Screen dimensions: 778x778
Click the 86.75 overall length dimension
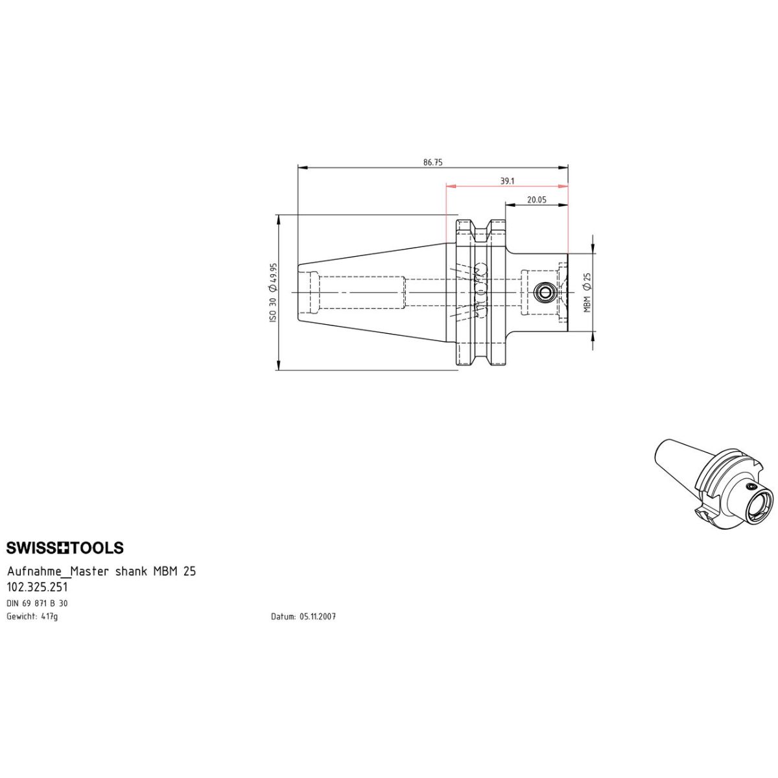tap(432, 162)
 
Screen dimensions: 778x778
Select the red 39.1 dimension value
tap(507, 181)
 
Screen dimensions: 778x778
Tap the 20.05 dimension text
tap(537, 200)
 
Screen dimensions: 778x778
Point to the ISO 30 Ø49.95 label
tap(274, 292)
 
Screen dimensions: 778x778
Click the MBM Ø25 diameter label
tap(587, 292)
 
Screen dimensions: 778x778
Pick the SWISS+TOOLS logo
tap(65, 547)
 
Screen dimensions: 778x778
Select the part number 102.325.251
tap(37, 586)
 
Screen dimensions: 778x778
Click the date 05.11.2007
tap(318, 617)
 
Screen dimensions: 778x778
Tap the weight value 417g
tap(49, 617)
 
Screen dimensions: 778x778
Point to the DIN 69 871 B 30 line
tap(37, 603)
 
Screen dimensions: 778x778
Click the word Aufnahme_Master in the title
tap(58, 572)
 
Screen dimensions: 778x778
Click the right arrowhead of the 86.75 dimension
tap(563, 167)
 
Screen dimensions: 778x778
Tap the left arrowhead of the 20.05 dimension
tap(510, 205)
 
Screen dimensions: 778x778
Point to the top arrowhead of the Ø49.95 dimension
tap(279, 220)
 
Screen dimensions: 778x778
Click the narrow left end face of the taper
tap(298, 292)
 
